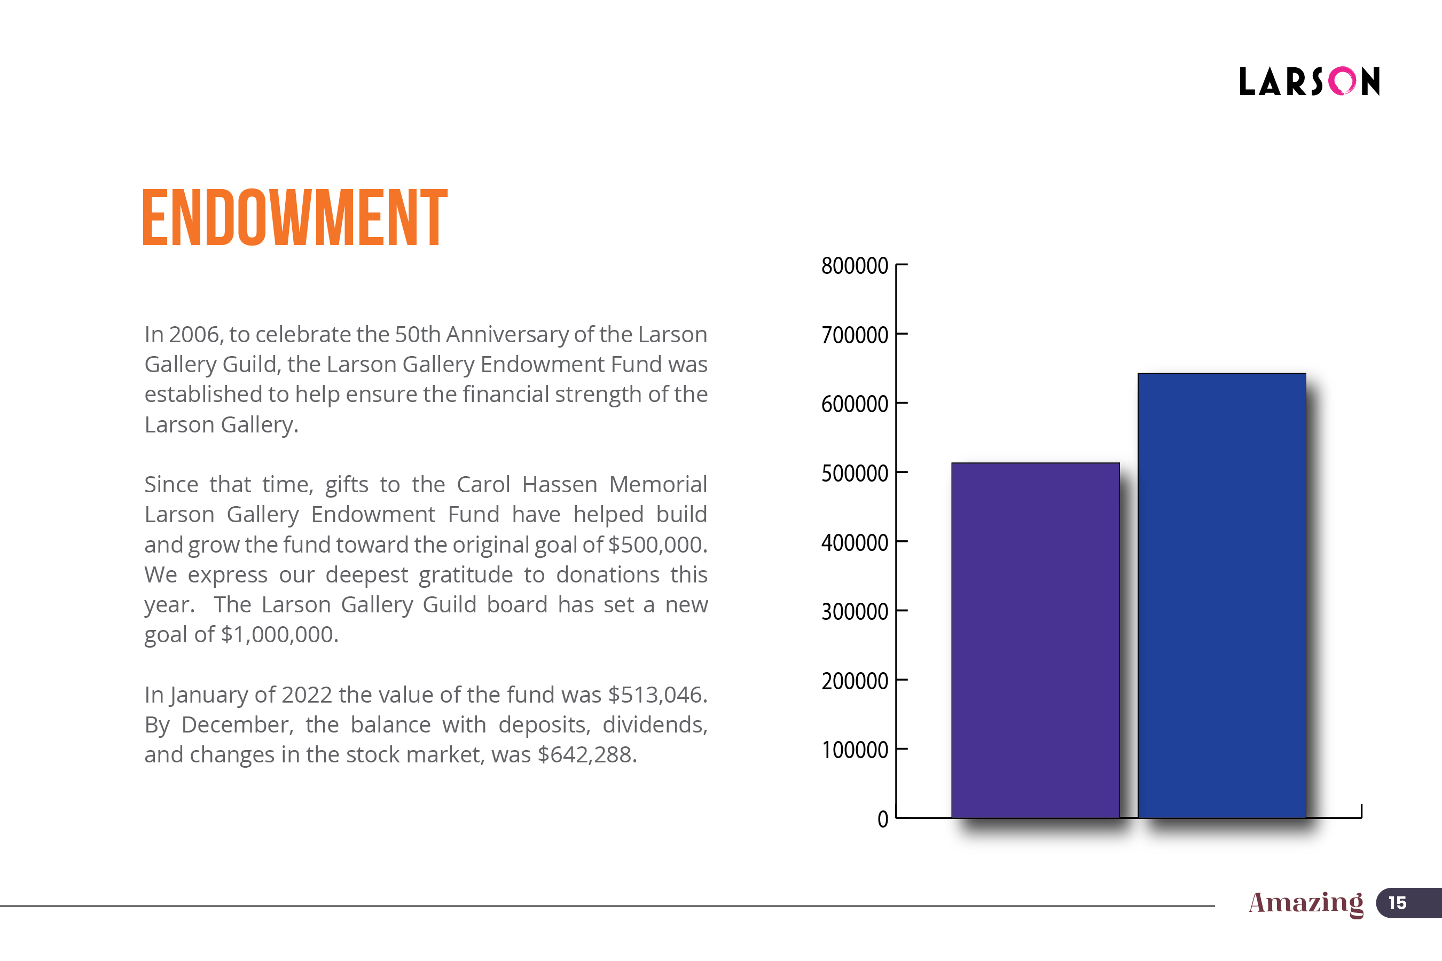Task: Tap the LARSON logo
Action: click(x=1309, y=82)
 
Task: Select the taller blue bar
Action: click(x=1221, y=595)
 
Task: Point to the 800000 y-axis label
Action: click(x=854, y=266)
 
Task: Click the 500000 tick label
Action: click(x=854, y=473)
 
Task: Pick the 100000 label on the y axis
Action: click(x=854, y=750)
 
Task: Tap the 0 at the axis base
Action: click(x=882, y=819)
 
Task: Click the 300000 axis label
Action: click(x=854, y=612)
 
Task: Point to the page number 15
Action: click(x=1397, y=903)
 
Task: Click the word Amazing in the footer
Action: click(x=1306, y=903)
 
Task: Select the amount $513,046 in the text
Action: click(x=657, y=695)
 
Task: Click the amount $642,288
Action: click(x=587, y=755)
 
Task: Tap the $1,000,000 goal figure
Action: click(x=279, y=635)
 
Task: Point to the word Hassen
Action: click(x=559, y=485)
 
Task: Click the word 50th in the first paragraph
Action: click(x=417, y=335)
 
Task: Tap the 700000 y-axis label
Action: click(x=854, y=335)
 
